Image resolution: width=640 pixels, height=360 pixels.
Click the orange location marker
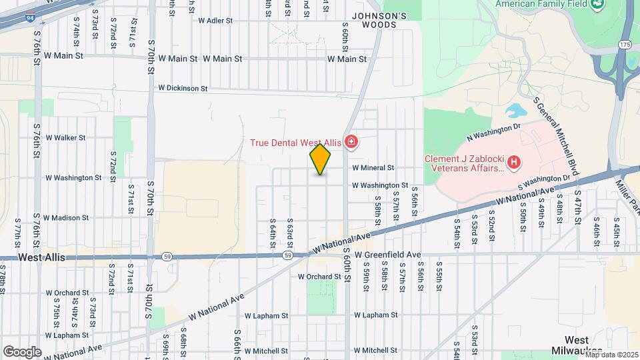(x=321, y=159)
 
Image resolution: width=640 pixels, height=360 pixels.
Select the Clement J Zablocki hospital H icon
(x=513, y=162)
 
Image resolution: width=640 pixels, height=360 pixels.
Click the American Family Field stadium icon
(x=597, y=4)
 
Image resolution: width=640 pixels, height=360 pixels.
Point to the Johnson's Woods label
(x=379, y=20)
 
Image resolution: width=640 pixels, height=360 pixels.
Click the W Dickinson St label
(x=183, y=88)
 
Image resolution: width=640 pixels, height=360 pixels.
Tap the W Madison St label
(x=66, y=217)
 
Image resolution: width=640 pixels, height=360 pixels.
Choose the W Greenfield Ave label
(x=388, y=255)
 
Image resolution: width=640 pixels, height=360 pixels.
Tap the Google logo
(x=22, y=351)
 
